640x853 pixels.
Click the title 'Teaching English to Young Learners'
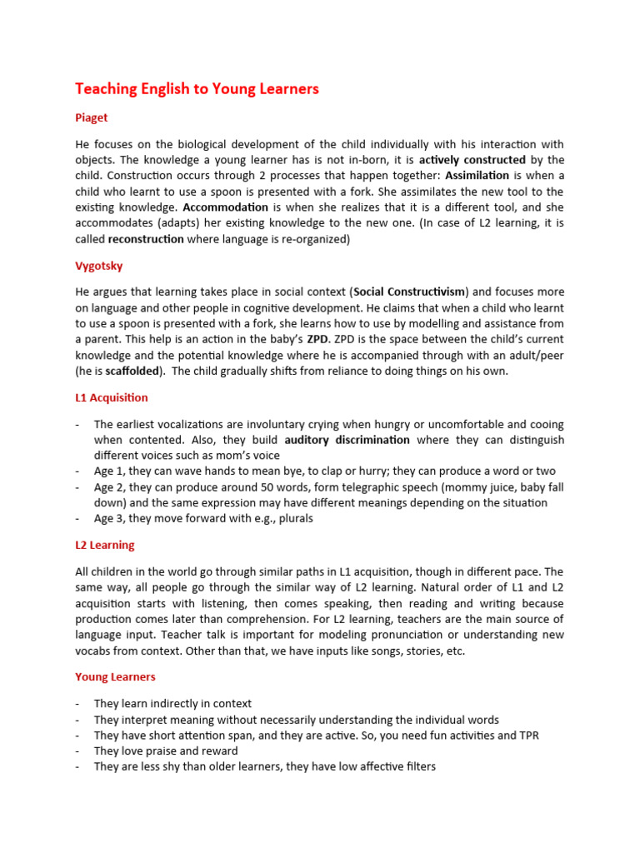197,88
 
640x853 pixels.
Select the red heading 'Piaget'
92,118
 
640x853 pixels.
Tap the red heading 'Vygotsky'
99,266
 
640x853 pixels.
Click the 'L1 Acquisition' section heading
112,397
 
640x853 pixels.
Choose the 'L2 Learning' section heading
104,545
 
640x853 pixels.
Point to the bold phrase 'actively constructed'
472,159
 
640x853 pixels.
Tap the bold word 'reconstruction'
146,238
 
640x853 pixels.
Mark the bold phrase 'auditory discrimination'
347,439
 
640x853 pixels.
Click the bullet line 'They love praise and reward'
166,751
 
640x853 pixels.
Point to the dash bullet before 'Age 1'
77,471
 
